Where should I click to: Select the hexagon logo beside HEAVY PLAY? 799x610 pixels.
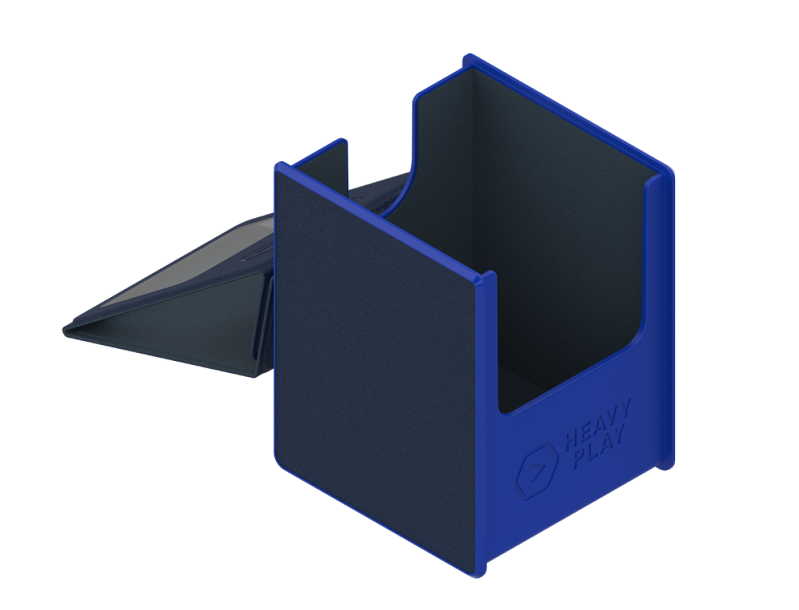pyautogui.click(x=537, y=471)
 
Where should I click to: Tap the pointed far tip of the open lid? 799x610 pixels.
pyautogui.click(x=63, y=330)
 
